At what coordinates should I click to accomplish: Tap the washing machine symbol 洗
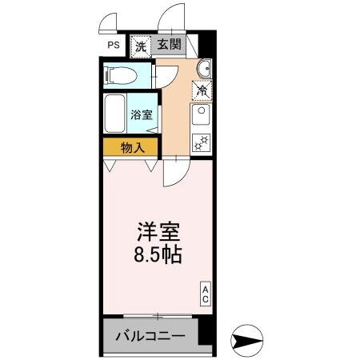[x=140, y=46]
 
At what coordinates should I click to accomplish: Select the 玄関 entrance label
[x=170, y=46]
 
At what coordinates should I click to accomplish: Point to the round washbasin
[x=203, y=67]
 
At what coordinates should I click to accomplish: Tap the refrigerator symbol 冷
[x=202, y=90]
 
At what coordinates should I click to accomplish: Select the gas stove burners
[x=201, y=144]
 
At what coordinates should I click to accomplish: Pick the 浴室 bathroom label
[x=143, y=115]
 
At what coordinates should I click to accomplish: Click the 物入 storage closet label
[x=132, y=147]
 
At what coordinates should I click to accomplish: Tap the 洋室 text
[x=156, y=233]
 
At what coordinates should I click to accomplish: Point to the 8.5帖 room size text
[x=157, y=255]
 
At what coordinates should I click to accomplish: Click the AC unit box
[x=205, y=294]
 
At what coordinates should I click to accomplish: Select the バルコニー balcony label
[x=154, y=337]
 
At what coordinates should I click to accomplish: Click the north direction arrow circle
[x=245, y=341]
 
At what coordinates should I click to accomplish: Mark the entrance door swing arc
[x=170, y=20]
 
